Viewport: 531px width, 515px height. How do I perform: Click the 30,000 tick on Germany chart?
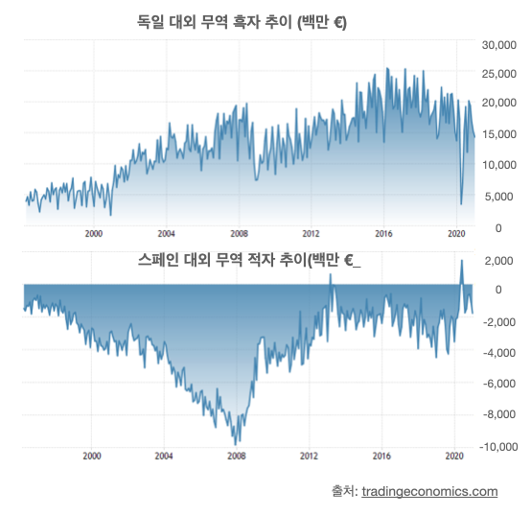pos(498,45)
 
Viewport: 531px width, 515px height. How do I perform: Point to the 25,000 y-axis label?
pos(498,74)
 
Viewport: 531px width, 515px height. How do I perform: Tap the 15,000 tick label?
pos(498,134)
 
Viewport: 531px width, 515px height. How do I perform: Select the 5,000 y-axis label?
pos(498,197)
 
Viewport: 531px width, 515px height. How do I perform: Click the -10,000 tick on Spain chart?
pos(498,447)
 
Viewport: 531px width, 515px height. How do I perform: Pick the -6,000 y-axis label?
pos(499,384)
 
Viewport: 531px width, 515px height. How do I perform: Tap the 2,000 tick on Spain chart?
pos(498,261)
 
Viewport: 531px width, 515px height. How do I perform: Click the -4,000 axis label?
pos(499,353)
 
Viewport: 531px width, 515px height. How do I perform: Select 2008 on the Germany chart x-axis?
pos(239,234)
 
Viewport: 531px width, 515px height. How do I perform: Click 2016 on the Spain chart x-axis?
pos(381,456)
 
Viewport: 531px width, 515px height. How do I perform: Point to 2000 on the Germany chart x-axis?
pos(94,234)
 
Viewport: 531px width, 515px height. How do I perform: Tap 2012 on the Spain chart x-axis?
pos(309,456)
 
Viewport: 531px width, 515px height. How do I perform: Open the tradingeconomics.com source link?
pos(429,491)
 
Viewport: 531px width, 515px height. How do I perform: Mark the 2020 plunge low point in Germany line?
pos(461,204)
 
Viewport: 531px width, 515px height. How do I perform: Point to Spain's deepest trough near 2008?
pos(236,445)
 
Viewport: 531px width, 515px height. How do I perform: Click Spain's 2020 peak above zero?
pos(461,261)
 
